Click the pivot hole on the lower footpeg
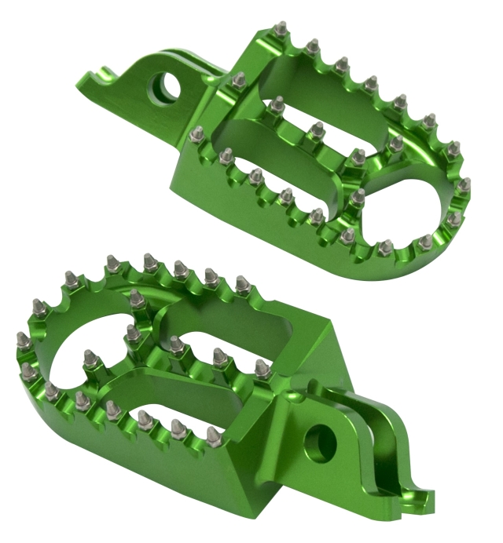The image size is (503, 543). (x=320, y=443)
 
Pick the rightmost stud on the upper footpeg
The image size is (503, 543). (x=464, y=185)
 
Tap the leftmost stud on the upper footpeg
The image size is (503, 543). (x=197, y=134)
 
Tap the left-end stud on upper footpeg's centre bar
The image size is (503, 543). (x=277, y=104)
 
